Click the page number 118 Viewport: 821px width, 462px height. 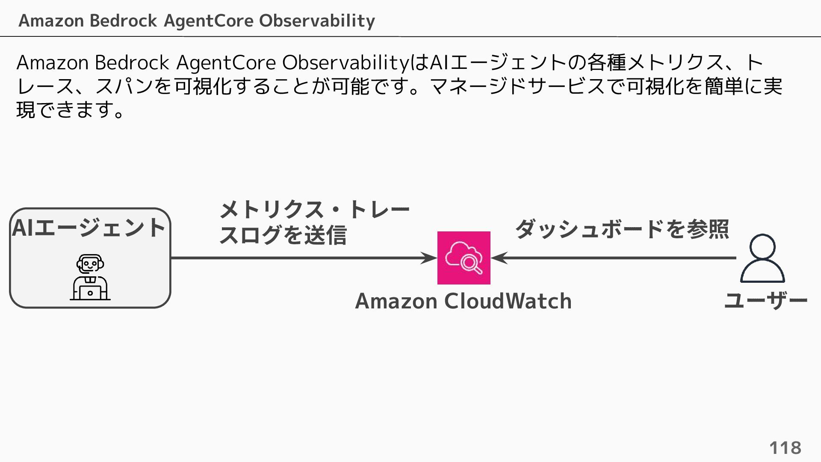785,448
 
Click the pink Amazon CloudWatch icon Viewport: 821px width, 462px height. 464,258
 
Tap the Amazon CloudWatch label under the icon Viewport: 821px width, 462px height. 463,301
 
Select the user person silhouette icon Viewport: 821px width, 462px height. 762,258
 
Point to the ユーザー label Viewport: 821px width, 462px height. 766,301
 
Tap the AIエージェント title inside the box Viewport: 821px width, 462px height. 89,228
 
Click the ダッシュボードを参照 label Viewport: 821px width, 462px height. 622,229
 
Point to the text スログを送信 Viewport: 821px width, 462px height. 283,235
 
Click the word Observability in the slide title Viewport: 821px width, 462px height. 317,21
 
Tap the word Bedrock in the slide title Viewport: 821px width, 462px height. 123,21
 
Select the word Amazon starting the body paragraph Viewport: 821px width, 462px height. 52,62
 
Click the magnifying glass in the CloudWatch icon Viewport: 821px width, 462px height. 471,263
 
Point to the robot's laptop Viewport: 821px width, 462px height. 90,293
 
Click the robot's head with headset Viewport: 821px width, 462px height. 90,264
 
